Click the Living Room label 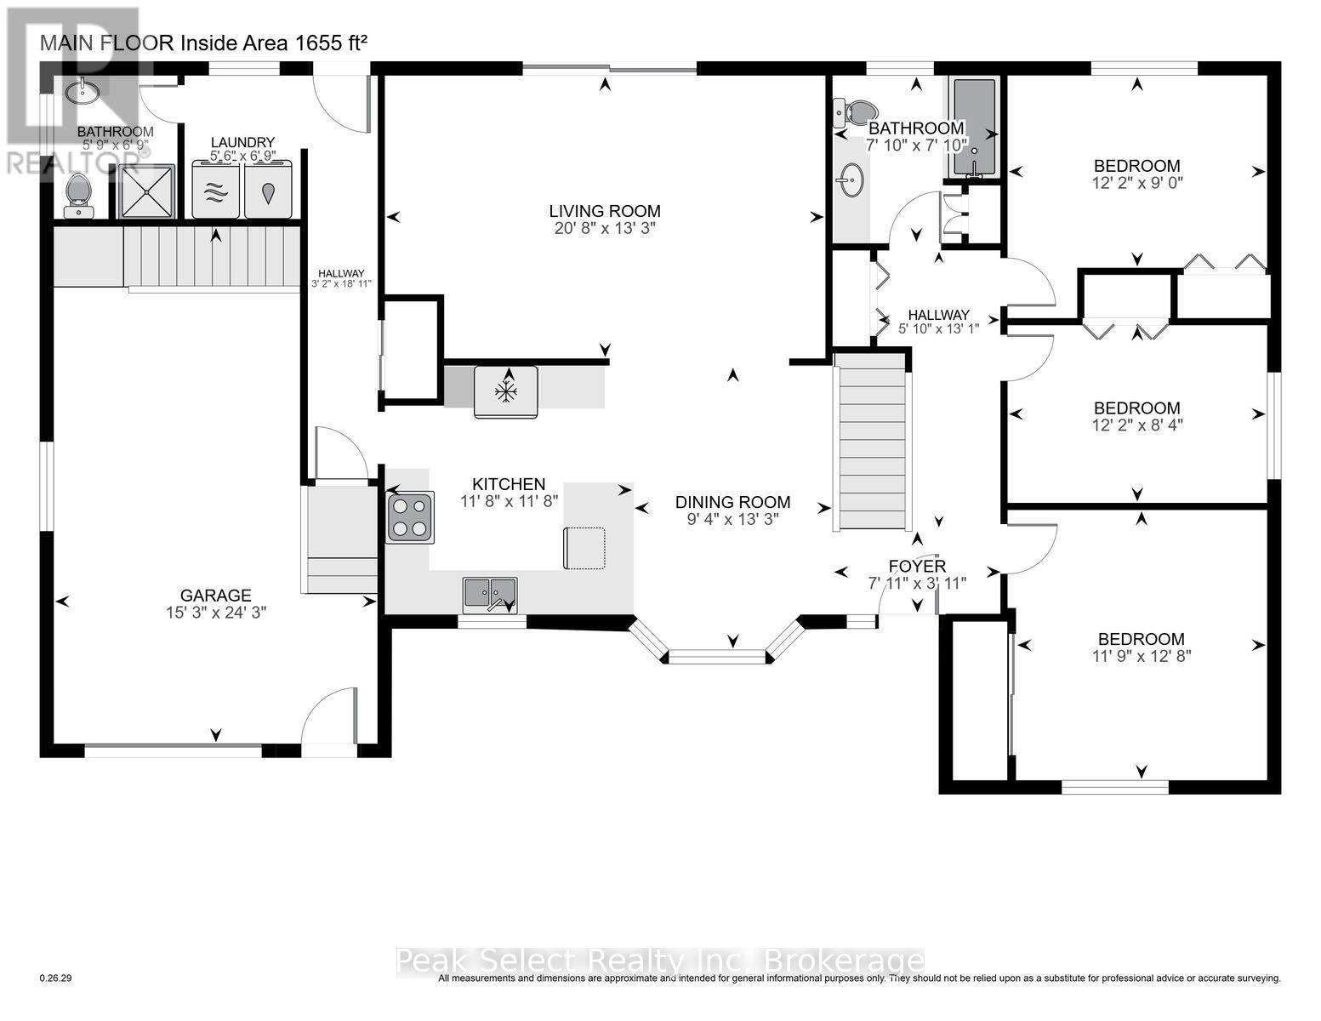click(x=604, y=211)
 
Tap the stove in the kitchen click(x=410, y=517)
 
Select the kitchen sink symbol click(x=490, y=592)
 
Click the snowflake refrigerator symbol click(x=506, y=391)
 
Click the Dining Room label click(x=732, y=502)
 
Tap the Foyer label click(x=916, y=566)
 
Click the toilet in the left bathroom click(x=78, y=195)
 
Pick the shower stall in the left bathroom click(x=145, y=191)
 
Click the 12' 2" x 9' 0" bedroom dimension click(x=1136, y=182)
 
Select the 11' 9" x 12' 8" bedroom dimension click(x=1141, y=656)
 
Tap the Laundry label click(x=242, y=142)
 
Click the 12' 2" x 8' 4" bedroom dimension click(x=1136, y=424)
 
